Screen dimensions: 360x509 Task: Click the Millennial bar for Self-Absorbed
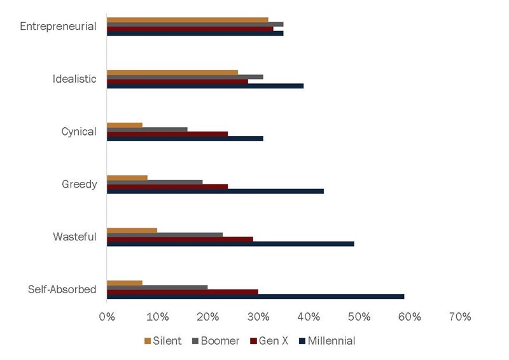tap(255, 296)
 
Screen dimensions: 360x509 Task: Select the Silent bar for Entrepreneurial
tap(188, 20)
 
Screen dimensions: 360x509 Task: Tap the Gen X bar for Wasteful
tap(180, 239)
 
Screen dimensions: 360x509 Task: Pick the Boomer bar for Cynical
tap(147, 129)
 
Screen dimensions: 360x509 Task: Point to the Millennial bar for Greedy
tap(215, 191)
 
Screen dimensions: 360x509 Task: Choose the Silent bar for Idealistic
tap(172, 72)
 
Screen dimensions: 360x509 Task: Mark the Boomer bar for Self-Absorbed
tap(157, 287)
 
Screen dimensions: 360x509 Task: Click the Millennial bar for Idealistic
tap(205, 86)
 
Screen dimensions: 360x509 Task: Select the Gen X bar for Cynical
tap(167, 134)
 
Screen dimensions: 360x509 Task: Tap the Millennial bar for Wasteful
tap(230, 244)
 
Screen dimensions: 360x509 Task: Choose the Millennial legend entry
tap(326, 341)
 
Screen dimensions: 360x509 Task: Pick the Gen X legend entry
tap(269, 341)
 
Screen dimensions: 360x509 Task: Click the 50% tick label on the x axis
tap(359, 317)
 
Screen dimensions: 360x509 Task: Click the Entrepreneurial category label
tap(58, 27)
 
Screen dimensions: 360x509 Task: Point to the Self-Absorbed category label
tap(62, 289)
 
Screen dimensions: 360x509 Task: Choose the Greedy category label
tap(79, 184)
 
